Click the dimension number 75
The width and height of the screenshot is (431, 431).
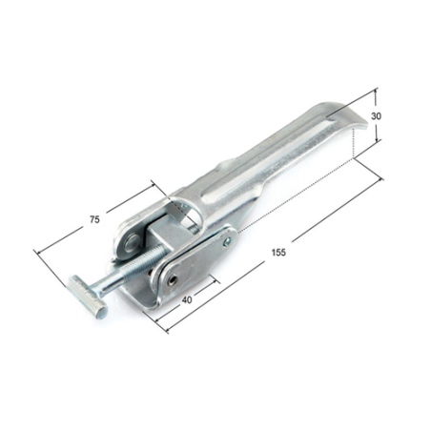pyautogui.click(x=94, y=219)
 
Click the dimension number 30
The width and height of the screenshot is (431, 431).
pyautogui.click(x=376, y=116)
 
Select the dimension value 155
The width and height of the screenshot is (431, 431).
pyautogui.click(x=278, y=253)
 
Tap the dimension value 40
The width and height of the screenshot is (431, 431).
pyautogui.click(x=187, y=299)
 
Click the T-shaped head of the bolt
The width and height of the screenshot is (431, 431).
pyautogui.click(x=88, y=297)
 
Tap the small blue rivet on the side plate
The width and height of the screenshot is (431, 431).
pyautogui.click(x=227, y=242)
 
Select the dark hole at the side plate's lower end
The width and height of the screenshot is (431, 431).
pyautogui.click(x=174, y=279)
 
